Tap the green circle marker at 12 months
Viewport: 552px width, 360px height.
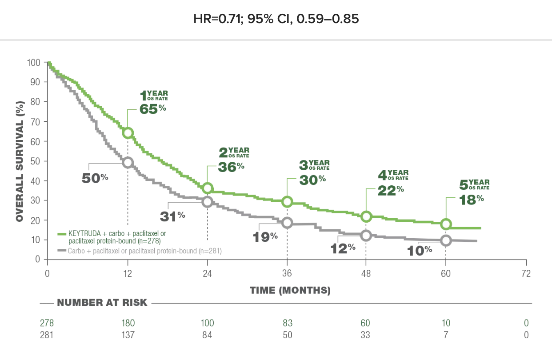[128, 132]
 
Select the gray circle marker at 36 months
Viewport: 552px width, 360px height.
[287, 223]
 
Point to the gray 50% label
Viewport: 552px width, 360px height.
[95, 178]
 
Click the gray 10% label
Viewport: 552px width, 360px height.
[420, 251]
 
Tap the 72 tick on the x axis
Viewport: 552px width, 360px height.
[526, 274]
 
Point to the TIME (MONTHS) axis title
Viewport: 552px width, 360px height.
[290, 291]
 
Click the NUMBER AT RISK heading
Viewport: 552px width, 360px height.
[102, 303]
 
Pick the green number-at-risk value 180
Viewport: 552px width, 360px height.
[128, 323]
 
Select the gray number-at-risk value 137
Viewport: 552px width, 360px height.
[128, 335]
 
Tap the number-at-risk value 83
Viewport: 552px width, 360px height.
[287, 323]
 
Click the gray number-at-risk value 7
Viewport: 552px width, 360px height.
[446, 335]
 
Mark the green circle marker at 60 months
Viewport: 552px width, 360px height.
[446, 224]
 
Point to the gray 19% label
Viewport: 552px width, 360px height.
[265, 236]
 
